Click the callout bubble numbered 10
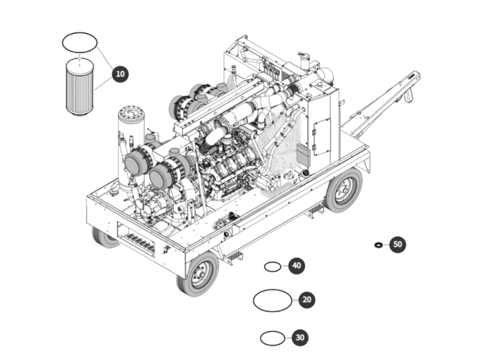click(120, 73)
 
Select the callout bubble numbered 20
click(306, 299)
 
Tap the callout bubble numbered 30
click(301, 338)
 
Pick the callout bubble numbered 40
click(296, 265)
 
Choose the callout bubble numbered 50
click(398, 245)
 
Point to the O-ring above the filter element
click(79, 42)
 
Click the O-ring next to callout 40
click(272, 267)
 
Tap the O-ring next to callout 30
click(271, 338)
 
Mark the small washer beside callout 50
click(378, 245)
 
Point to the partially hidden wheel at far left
click(105, 237)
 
